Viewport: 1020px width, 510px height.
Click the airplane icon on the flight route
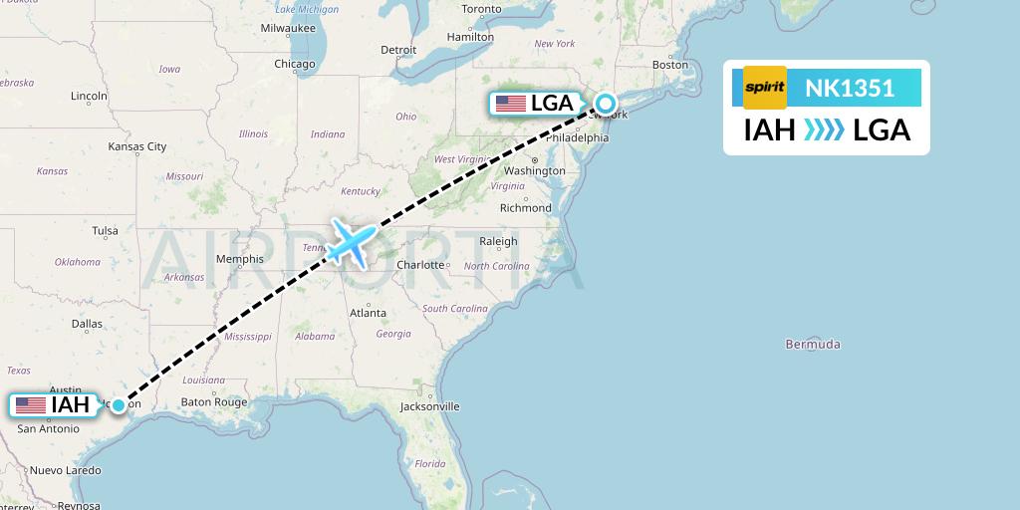351,242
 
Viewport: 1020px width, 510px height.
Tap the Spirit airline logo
765,88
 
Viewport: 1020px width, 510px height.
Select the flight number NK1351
850,89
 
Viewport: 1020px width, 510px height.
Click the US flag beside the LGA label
510,104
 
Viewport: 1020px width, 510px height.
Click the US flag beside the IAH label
31,404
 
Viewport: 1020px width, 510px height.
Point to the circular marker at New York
605,103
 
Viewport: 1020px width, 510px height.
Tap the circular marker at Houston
119,404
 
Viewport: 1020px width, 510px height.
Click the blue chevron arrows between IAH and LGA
823,130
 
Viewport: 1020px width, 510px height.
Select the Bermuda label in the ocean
813,345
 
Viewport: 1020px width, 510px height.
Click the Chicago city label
295,64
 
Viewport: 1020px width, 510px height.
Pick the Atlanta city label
368,313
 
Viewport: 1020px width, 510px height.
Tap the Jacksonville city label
429,406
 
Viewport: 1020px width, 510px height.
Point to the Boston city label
670,65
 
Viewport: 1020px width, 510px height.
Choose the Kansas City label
137,146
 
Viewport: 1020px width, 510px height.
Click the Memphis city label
240,259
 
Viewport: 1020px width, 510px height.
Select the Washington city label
535,171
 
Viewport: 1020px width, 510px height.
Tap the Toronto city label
482,9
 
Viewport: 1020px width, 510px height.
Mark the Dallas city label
87,324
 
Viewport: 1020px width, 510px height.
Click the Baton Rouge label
213,402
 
